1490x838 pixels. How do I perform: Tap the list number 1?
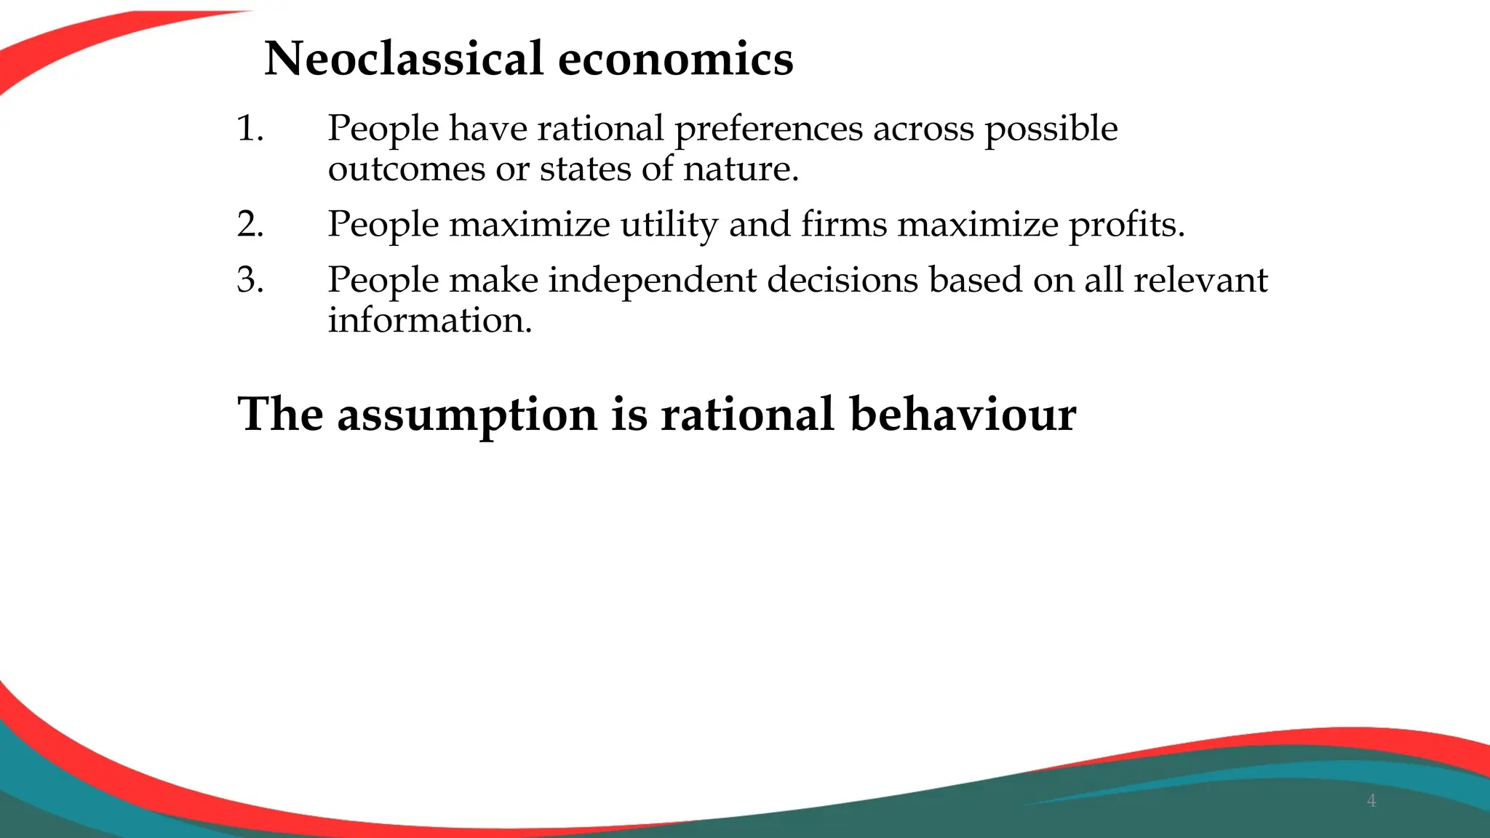click(x=250, y=129)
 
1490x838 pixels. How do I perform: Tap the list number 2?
click(x=250, y=224)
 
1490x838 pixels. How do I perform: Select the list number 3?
click(x=250, y=280)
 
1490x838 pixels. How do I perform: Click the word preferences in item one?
click(x=768, y=129)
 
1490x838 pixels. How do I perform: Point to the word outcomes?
click(x=406, y=169)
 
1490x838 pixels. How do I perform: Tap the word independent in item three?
click(x=652, y=281)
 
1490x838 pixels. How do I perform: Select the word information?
click(x=429, y=320)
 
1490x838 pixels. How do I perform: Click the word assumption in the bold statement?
click(x=467, y=416)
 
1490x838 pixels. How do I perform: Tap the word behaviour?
click(x=963, y=415)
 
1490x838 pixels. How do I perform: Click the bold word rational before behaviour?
click(x=746, y=415)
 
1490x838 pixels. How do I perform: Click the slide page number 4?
click(x=1371, y=801)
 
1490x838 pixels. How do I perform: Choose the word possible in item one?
click(x=1051, y=129)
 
